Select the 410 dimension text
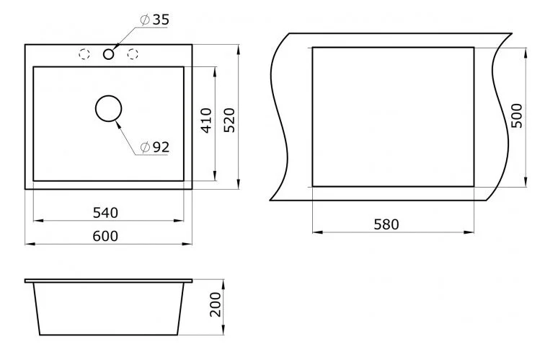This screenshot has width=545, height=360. (x=206, y=120)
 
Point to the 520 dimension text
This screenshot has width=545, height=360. (x=229, y=120)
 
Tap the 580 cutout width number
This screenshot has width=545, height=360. (x=386, y=224)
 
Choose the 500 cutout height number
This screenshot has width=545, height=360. (x=517, y=115)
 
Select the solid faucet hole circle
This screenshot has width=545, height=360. (x=109, y=53)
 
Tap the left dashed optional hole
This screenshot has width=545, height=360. (x=84, y=53)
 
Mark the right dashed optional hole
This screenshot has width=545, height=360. (x=133, y=53)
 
